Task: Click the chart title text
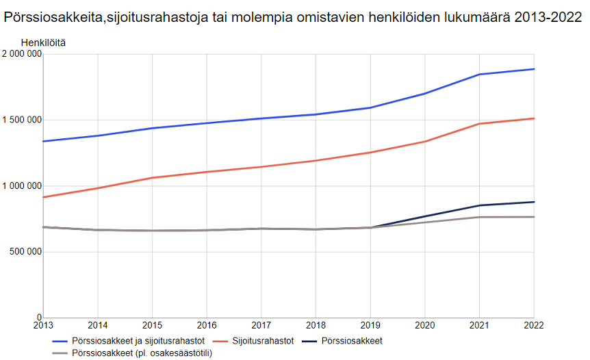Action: tap(293, 18)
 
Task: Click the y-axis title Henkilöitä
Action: tap(44, 42)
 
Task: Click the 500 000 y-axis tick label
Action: tap(25, 251)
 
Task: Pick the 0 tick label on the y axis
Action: tap(38, 317)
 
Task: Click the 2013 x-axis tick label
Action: tap(43, 326)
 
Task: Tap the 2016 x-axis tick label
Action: tap(207, 326)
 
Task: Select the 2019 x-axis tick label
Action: tap(370, 326)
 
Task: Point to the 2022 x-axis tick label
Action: tap(533, 326)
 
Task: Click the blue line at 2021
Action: tap(479, 74)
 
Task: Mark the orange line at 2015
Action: tap(152, 177)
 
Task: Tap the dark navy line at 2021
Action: tap(479, 205)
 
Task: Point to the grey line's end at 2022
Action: tap(534, 217)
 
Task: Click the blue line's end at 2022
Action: tap(534, 69)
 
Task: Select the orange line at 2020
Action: tap(425, 142)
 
